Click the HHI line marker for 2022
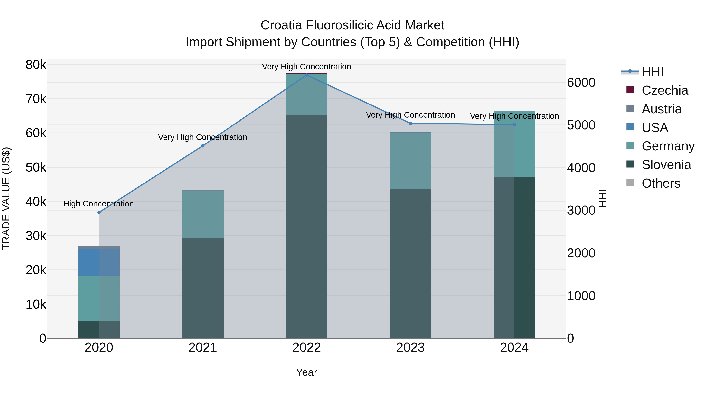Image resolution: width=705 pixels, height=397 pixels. [x=306, y=75]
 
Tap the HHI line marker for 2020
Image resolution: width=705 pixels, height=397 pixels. [x=99, y=212]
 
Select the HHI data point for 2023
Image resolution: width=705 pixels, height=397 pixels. [x=410, y=123]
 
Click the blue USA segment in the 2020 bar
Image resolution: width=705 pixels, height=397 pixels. [x=99, y=262]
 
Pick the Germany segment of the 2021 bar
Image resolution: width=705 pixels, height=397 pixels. [x=203, y=214]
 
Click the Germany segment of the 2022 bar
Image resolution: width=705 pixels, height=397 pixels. [x=306, y=94]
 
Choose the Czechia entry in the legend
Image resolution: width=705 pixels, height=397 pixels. [x=664, y=90]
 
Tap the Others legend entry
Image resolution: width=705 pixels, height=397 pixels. [x=661, y=183]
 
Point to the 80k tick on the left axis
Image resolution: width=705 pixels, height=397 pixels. [x=36, y=65]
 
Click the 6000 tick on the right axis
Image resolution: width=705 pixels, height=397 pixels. [x=581, y=83]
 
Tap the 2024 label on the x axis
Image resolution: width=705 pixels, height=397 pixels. [x=514, y=348]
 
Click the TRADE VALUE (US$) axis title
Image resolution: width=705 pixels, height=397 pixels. [x=6, y=198]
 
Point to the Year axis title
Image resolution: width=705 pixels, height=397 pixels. [x=306, y=372]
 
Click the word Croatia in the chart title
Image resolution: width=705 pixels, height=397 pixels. [x=281, y=25]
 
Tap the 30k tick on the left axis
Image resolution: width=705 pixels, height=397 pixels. [x=36, y=236]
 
